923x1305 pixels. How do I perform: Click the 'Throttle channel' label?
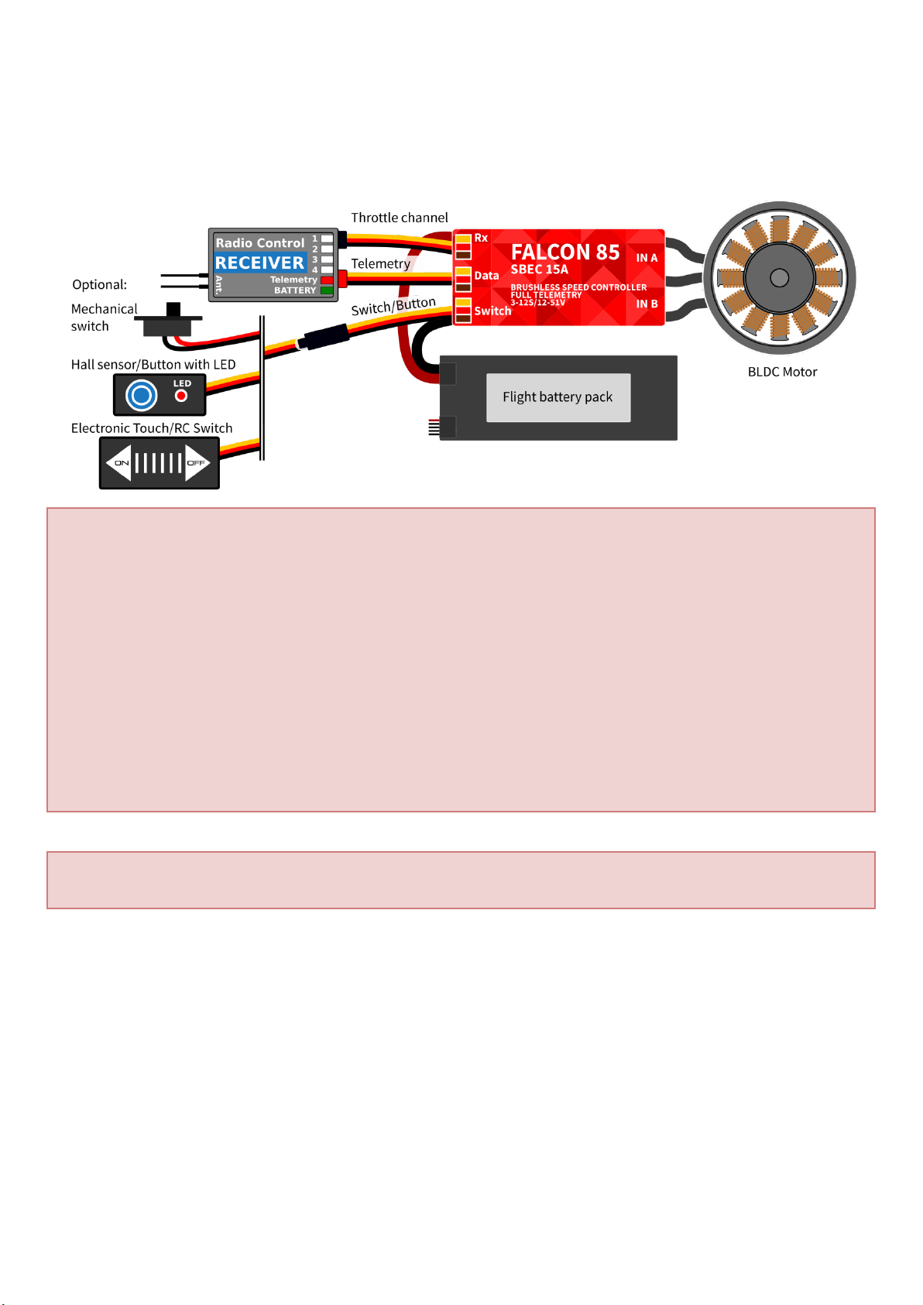(400, 218)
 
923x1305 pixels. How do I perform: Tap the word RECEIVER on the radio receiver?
(259, 263)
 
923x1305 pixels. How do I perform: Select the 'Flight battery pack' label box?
(558, 397)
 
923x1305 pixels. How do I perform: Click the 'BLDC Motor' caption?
(782, 372)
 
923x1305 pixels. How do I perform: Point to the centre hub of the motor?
(780, 277)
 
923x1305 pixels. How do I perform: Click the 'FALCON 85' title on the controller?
(565, 252)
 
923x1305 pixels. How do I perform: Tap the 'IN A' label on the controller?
(647, 258)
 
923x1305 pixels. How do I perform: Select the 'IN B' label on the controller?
(647, 304)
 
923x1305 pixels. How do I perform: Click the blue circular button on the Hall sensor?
(142, 396)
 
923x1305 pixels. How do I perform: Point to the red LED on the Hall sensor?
(181, 396)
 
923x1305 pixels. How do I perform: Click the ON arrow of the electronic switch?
(120, 463)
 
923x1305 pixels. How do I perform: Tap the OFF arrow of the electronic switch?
(197, 463)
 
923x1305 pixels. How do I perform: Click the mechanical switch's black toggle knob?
(173, 309)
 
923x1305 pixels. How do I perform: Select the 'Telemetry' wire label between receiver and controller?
(380, 264)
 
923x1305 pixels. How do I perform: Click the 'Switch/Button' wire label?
(393, 307)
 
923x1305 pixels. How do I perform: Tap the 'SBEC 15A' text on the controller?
(540, 270)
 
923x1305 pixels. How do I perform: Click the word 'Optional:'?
(99, 284)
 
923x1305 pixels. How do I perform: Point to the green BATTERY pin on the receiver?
(327, 290)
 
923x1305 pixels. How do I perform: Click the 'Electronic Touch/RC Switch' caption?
(152, 428)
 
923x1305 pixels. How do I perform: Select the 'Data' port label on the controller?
(486, 276)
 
